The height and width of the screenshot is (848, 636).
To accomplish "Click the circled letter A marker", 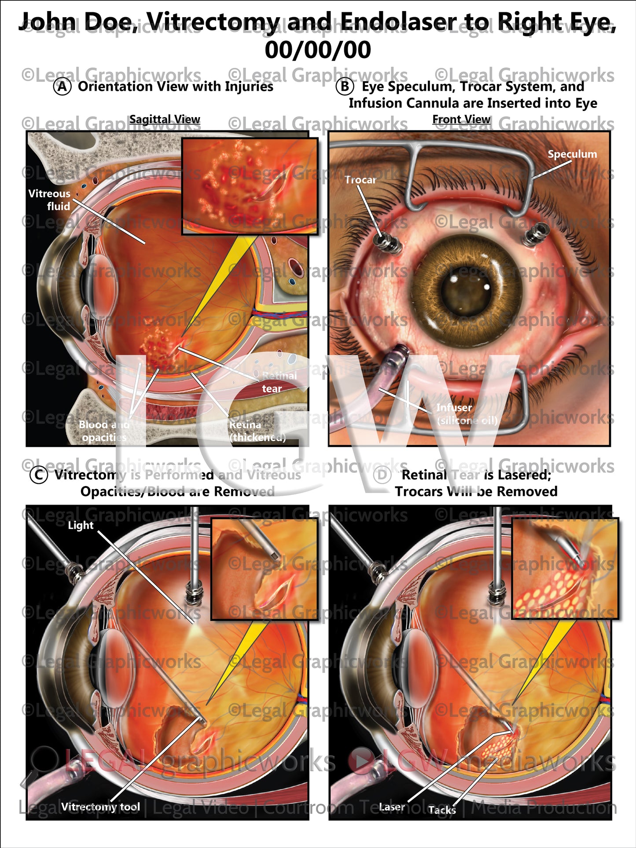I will pos(62,87).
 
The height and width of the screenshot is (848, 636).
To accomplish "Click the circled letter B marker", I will pos(345,87).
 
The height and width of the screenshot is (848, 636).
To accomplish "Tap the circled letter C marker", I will pos(39,475).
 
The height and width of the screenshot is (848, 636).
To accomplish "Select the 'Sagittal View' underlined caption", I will pos(165,119).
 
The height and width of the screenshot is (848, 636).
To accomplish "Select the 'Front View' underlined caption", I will pos(461,119).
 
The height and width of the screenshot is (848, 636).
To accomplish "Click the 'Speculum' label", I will pos(572,154).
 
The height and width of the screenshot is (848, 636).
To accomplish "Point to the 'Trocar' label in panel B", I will pos(360,180).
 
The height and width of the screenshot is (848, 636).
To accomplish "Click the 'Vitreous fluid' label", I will pos(49,199).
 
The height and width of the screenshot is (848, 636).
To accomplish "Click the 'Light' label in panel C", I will pos(81,525).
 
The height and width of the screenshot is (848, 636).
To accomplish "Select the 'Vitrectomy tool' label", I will pos(100,807).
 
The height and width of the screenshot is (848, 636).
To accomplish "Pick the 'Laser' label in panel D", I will pos(392,807).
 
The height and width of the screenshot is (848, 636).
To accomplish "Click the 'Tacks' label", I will pos(441,810).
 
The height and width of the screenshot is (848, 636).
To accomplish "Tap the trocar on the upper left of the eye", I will pos(387,242).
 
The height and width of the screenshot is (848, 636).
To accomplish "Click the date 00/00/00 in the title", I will pos(318,49).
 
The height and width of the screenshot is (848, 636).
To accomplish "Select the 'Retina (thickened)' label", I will pos(257,431).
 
